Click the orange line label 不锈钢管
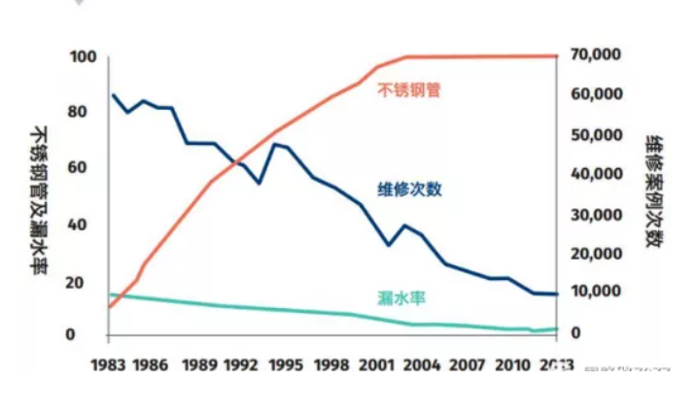pyautogui.click(x=408, y=89)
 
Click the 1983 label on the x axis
pyautogui.click(x=109, y=365)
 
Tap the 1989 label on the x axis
pyautogui.click(x=199, y=365)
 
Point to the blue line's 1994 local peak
pyautogui.click(x=274, y=144)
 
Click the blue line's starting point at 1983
pyautogui.click(x=113, y=95)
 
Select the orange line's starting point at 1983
pyautogui.click(x=109, y=306)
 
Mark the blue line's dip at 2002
pyautogui.click(x=389, y=245)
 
